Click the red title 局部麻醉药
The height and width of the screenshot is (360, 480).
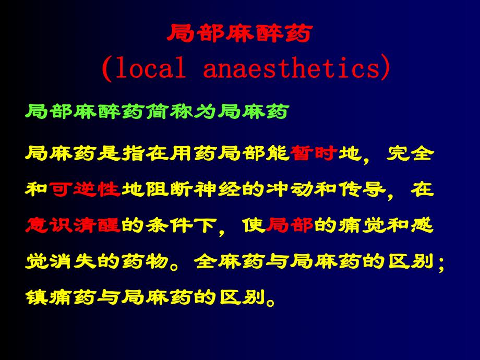(x=240, y=35)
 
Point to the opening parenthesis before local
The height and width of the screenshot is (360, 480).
(x=105, y=69)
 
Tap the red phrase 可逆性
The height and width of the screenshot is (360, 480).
(x=86, y=189)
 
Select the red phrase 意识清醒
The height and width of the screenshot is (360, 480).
(x=73, y=225)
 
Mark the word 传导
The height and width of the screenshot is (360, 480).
(x=363, y=189)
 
